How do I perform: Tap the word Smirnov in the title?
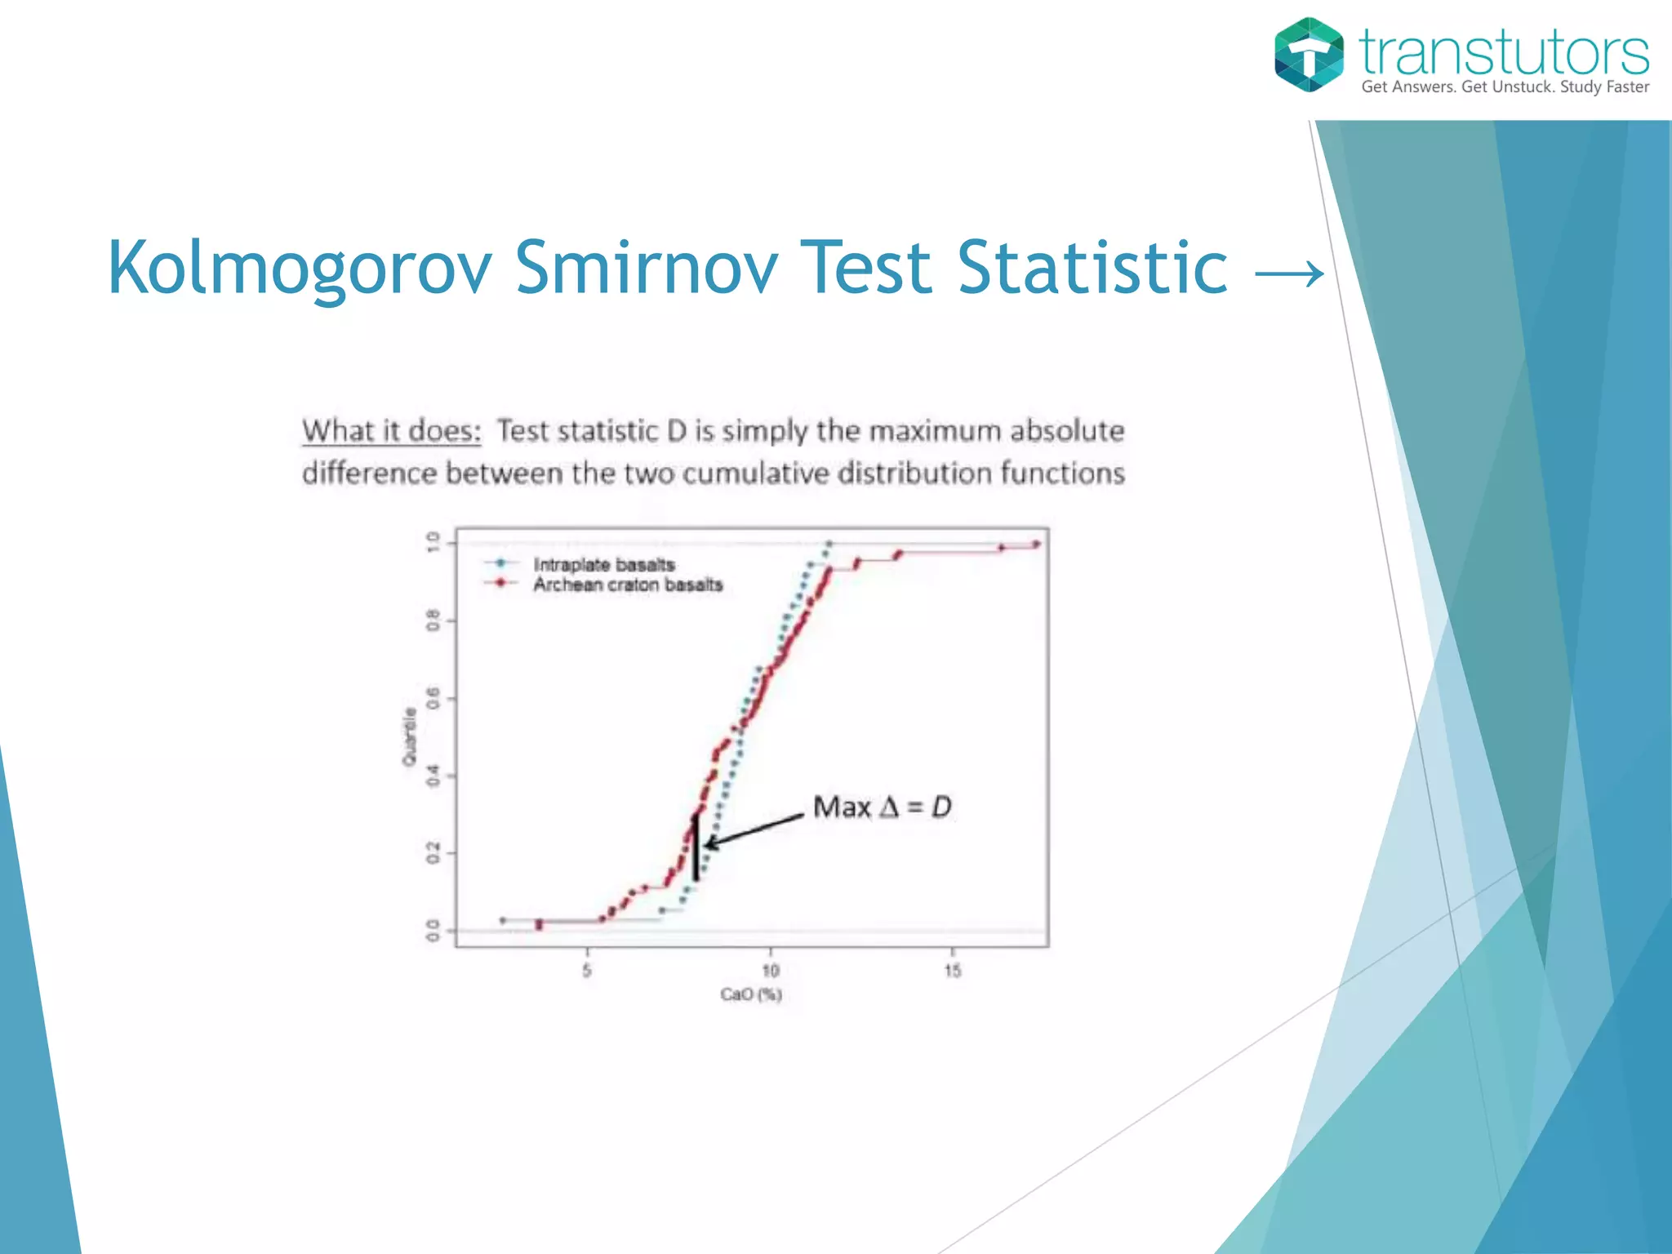[x=646, y=268]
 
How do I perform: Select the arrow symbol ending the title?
[x=1289, y=273]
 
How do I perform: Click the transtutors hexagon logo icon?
[x=1309, y=55]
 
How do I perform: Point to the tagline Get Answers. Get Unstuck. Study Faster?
[x=1505, y=87]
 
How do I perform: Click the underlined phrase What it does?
[x=392, y=431]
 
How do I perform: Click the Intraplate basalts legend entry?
[x=603, y=565]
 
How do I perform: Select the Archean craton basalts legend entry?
[x=627, y=585]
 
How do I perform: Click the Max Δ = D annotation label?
[x=882, y=807]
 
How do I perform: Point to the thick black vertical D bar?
[x=696, y=849]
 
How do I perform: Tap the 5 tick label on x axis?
[x=586, y=971]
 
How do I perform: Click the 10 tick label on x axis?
[x=770, y=971]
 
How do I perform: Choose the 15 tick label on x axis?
[x=952, y=971]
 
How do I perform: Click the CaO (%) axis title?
[x=751, y=994]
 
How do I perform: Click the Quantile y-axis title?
[x=409, y=736]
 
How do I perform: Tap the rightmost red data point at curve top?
[x=1036, y=545]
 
